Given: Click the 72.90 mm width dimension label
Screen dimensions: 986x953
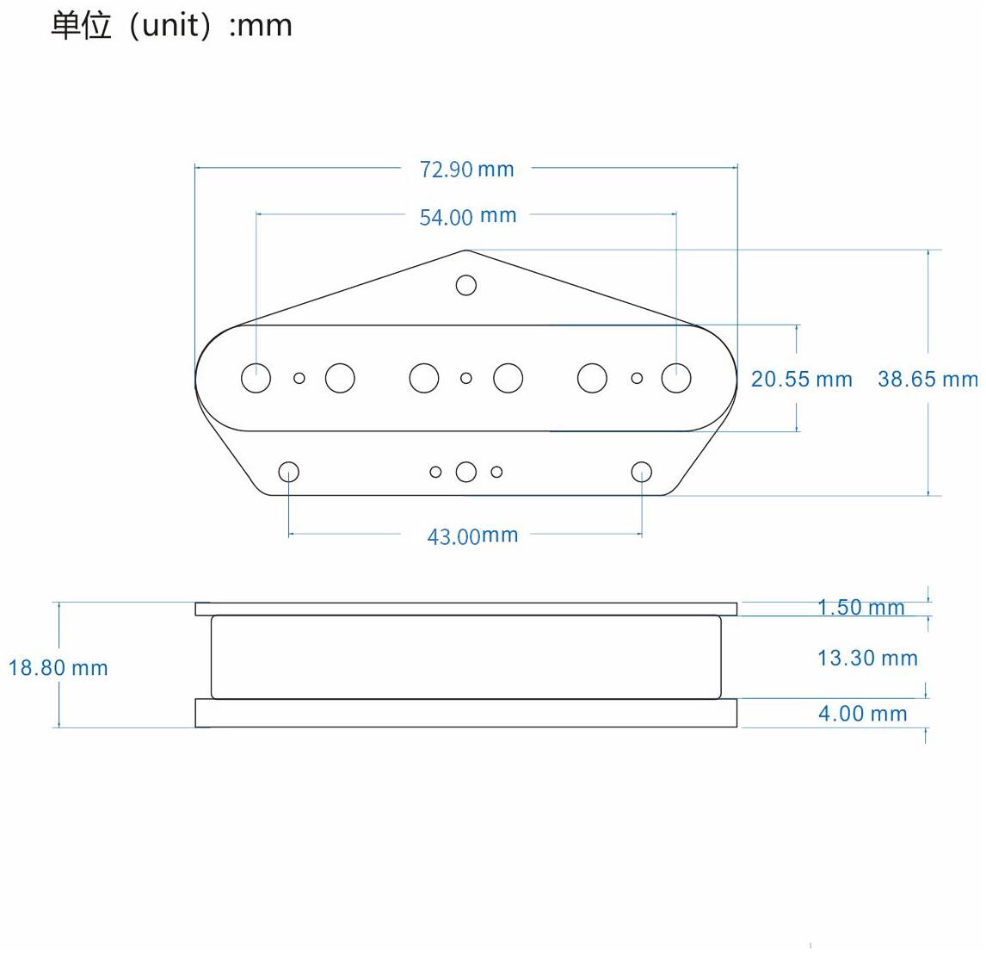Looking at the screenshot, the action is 466,170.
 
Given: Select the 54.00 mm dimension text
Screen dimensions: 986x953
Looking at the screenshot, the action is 468,216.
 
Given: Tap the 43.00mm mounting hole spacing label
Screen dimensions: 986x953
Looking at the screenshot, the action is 472,536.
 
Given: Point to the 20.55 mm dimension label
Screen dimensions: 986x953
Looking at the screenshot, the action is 802,379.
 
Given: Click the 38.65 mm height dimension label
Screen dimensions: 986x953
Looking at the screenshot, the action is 927,379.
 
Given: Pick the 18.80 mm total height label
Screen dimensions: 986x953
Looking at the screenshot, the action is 58,667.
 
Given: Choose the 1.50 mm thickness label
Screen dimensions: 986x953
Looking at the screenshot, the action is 861,607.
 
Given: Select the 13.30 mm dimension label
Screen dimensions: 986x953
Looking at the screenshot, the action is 867,658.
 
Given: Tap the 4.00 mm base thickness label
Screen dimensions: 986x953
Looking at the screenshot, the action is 862,714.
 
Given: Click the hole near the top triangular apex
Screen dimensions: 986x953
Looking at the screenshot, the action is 466,285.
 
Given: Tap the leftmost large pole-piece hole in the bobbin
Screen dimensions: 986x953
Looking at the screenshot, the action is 256,378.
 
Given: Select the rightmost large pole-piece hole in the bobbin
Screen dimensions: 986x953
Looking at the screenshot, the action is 676,378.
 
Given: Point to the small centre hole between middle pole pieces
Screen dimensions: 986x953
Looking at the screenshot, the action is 466,378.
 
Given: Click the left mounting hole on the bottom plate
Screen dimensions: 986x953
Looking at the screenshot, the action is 288,472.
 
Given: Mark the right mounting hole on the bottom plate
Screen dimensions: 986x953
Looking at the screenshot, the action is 641,472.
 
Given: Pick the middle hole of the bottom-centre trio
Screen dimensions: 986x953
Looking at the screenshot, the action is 466,472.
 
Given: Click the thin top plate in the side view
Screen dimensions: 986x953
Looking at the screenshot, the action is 466,609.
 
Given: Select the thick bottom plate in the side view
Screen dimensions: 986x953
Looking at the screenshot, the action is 466,713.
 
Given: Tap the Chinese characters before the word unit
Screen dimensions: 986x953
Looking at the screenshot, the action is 81,26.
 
